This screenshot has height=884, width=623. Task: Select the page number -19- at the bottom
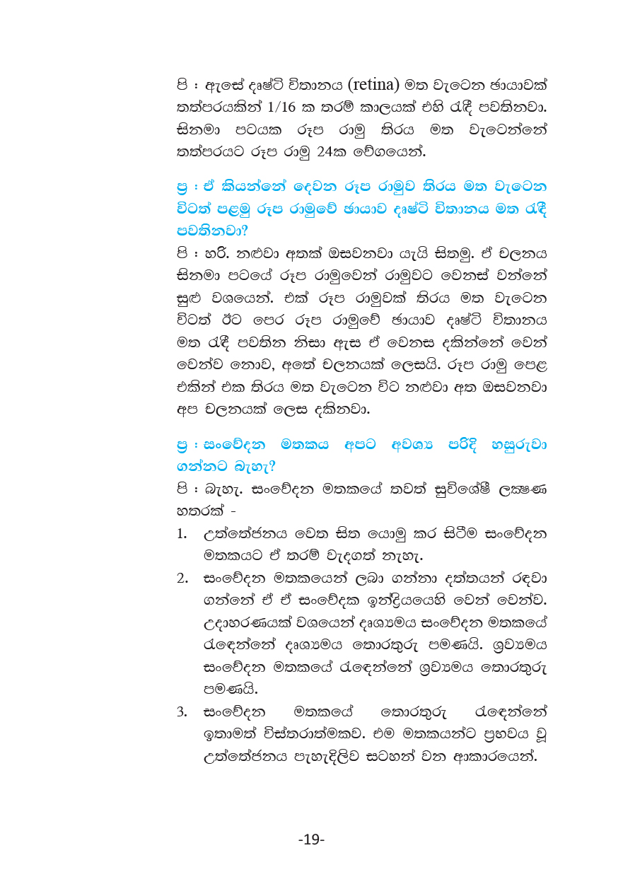[x=311, y=839]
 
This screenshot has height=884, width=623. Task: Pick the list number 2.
[x=182, y=579]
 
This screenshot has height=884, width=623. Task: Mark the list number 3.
[x=182, y=711]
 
